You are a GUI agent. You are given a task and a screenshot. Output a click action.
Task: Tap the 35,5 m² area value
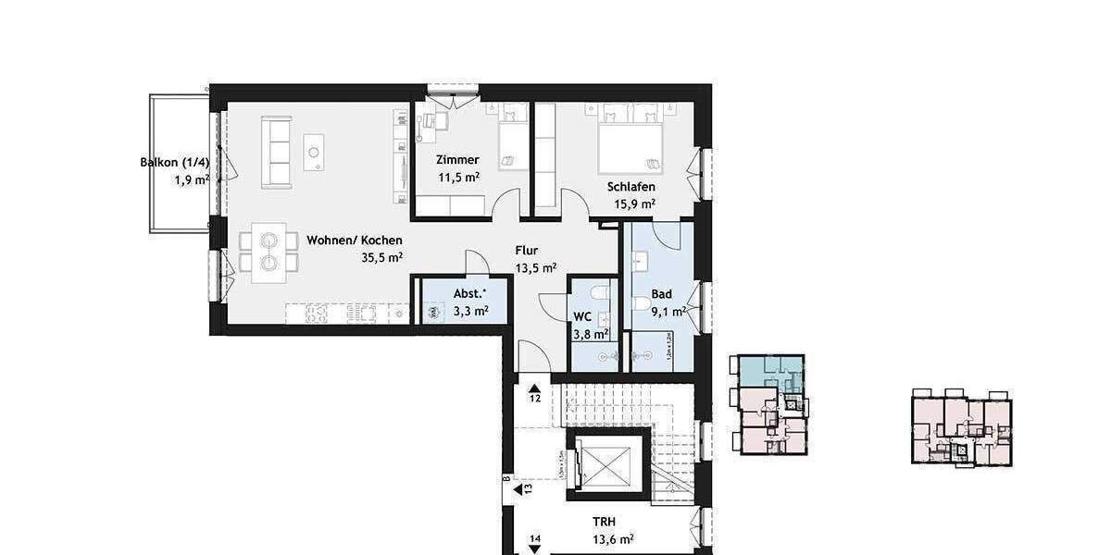[x=381, y=259]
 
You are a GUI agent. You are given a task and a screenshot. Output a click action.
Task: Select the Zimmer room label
[x=457, y=159]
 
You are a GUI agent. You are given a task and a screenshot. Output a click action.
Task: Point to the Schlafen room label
[x=631, y=187]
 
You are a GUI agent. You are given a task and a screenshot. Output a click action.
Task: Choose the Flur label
[x=527, y=250]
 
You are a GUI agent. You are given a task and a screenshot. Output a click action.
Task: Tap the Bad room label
[x=661, y=294]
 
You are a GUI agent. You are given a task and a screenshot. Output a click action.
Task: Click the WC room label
[x=582, y=316]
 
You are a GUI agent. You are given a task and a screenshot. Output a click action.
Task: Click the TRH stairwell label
[x=605, y=522]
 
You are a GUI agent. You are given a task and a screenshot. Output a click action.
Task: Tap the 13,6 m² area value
[x=613, y=539]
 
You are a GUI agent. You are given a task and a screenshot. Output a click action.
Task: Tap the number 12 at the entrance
[x=535, y=399]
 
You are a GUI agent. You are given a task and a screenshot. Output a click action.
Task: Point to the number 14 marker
[x=535, y=538]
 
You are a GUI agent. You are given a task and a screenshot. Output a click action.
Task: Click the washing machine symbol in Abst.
[x=434, y=313]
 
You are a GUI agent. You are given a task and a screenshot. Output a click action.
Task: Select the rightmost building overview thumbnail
[x=961, y=426]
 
